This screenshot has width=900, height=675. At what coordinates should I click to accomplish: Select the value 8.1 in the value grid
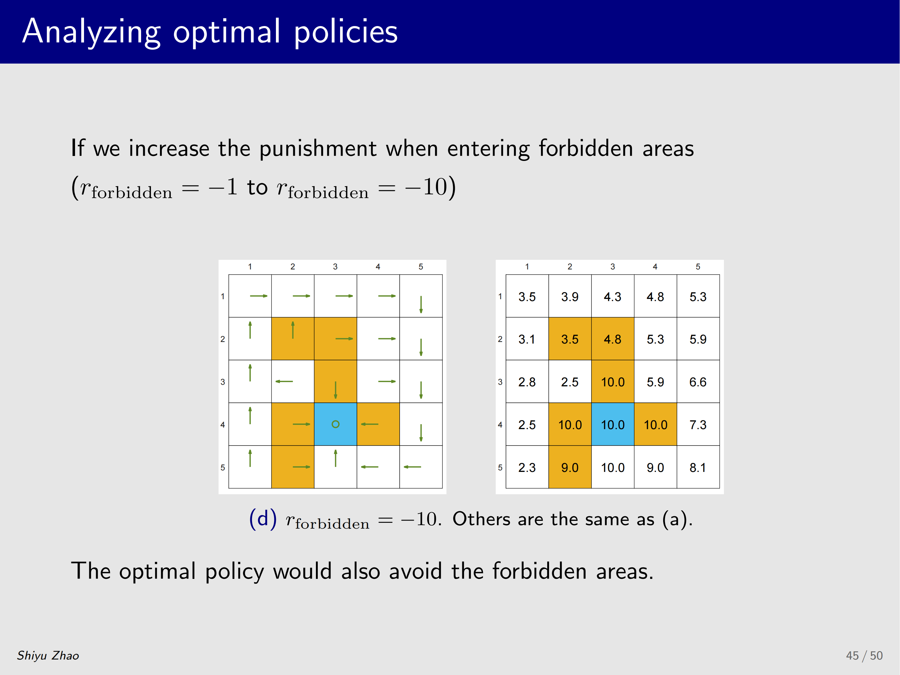point(698,468)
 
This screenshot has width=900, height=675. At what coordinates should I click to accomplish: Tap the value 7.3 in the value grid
point(698,425)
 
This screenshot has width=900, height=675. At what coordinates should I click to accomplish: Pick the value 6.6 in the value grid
point(698,382)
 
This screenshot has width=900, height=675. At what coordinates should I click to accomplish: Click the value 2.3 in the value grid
point(527,468)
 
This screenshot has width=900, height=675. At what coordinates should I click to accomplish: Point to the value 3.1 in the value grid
point(527,339)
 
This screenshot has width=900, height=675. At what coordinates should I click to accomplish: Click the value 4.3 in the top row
point(612,297)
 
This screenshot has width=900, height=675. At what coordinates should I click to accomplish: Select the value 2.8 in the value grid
point(527,382)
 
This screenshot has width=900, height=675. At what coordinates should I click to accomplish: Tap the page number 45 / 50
point(864,655)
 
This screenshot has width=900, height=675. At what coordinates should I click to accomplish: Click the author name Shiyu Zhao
point(48,655)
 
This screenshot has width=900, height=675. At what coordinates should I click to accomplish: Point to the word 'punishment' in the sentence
point(318,149)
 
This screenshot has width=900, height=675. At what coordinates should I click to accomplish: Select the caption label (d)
point(263,519)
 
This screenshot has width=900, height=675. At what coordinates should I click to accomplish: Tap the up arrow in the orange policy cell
point(293,330)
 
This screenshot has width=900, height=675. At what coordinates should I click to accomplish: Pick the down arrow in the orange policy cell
point(335,390)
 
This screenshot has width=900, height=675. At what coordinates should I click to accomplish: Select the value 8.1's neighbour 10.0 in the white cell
point(613,468)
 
